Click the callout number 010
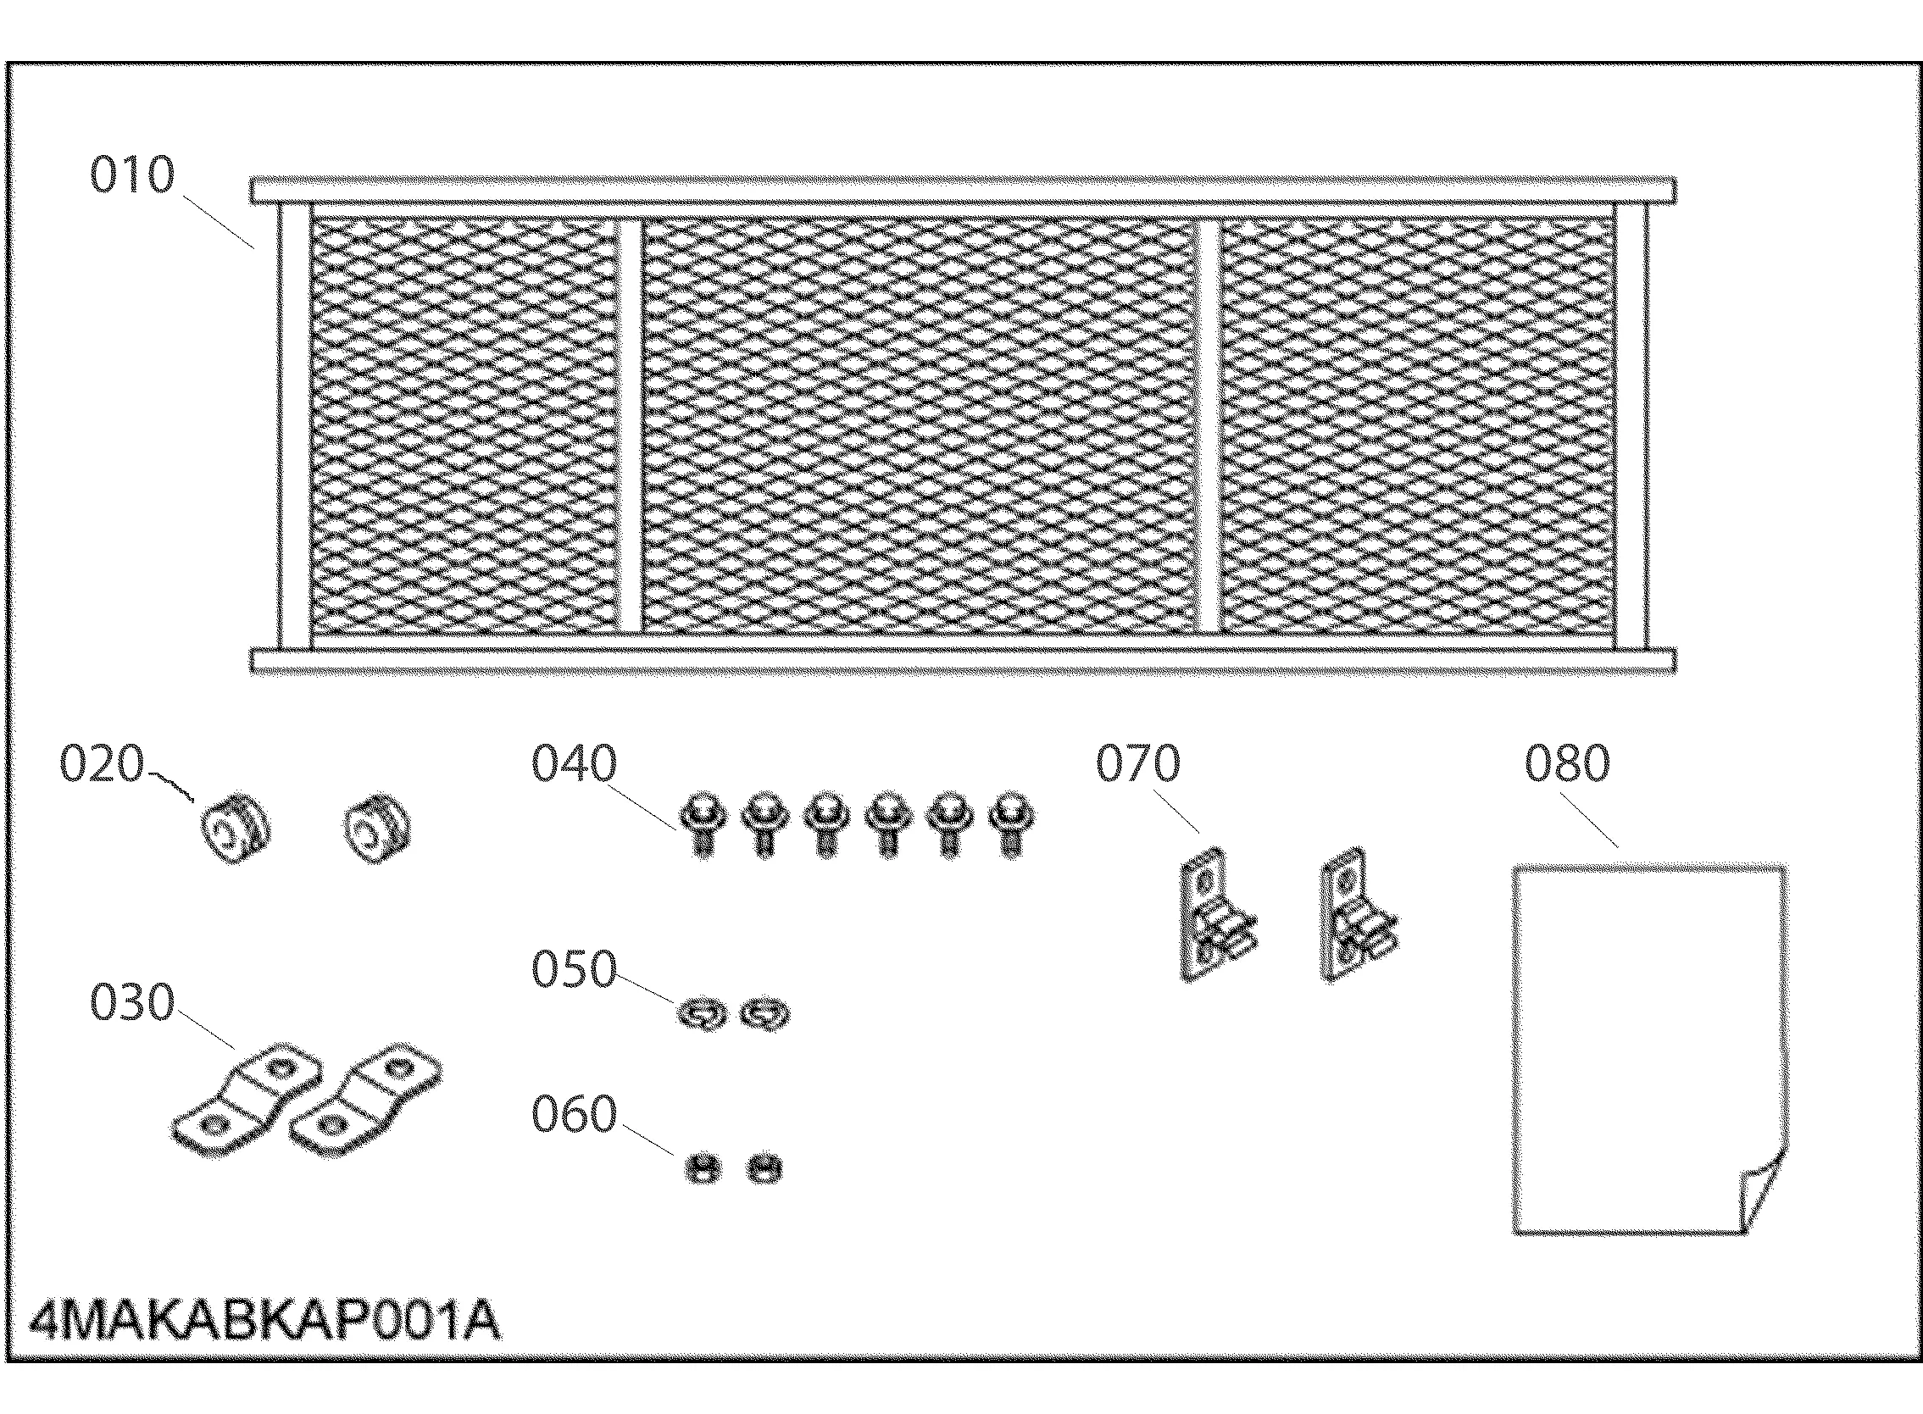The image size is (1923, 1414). pyautogui.click(x=132, y=175)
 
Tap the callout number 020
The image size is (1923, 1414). pyautogui.click(x=102, y=763)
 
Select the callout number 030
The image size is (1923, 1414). pyautogui.click(x=132, y=1001)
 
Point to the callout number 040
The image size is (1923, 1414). pyautogui.click(x=574, y=763)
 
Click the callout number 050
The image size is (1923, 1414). pyautogui.click(x=574, y=969)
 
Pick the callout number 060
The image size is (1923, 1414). pyautogui.click(x=574, y=1114)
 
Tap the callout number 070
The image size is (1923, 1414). pyautogui.click(x=1138, y=763)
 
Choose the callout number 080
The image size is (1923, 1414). pyautogui.click(x=1567, y=763)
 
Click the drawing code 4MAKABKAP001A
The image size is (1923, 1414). pyautogui.click(x=264, y=1320)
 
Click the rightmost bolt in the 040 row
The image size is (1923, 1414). pyautogui.click(x=1011, y=823)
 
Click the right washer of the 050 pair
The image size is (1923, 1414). pyautogui.click(x=764, y=1015)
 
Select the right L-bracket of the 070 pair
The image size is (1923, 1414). pyautogui.click(x=1355, y=914)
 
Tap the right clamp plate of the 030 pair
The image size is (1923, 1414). pyautogui.click(x=366, y=1099)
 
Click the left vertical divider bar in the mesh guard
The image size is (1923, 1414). pyautogui.click(x=631, y=425)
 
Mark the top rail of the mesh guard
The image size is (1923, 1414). pyautogui.click(x=963, y=190)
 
